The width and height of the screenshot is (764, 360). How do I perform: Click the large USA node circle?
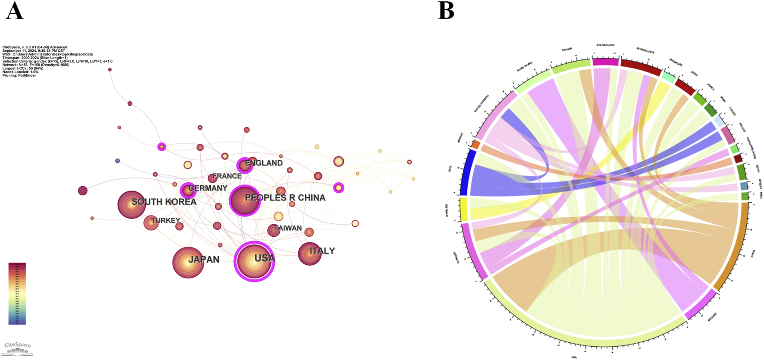coord(254,262)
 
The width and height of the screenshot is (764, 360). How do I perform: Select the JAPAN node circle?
coord(188,263)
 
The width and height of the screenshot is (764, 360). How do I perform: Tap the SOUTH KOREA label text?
coord(164,202)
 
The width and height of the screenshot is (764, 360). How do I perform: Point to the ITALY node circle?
coord(310,254)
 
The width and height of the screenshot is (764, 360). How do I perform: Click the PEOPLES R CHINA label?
coord(285,198)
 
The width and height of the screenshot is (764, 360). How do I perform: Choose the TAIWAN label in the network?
coord(288,228)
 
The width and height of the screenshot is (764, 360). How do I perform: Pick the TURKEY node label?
coord(165,220)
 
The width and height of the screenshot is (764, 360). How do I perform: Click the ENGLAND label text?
coord(263,163)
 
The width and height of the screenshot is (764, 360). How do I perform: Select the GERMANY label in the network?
coord(207,188)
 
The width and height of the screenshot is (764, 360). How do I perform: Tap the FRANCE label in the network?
coord(227,176)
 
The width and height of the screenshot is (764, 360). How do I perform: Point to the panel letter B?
coord(446,11)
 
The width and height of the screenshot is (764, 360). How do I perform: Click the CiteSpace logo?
coord(18,348)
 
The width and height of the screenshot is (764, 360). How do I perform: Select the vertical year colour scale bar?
coord(17,294)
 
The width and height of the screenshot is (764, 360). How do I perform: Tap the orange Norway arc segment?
coord(476,144)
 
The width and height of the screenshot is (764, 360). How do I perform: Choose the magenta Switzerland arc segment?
coord(605,62)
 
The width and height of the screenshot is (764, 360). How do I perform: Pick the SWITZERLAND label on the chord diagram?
coord(605,45)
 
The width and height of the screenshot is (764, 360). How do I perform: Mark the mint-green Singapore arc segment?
coord(669,77)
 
